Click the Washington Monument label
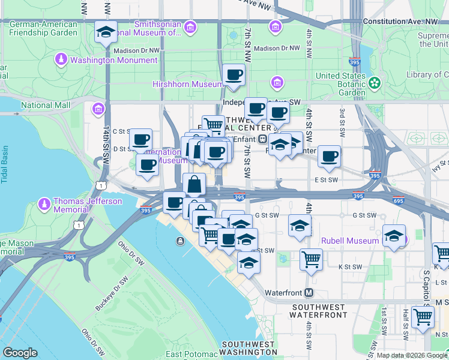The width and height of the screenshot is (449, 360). click(x=113, y=60)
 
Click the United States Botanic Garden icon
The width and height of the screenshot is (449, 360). click(x=376, y=82)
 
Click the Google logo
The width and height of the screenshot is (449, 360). click(x=20, y=353)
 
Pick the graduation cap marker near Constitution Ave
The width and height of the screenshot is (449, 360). click(x=106, y=33)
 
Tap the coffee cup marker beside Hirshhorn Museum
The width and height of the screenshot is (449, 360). click(x=234, y=75)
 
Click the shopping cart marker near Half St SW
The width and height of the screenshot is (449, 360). click(x=423, y=317)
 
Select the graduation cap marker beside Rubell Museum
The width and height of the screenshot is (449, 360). click(x=394, y=236)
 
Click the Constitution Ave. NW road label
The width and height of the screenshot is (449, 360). click(x=408, y=22)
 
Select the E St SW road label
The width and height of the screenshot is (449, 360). click(x=326, y=179)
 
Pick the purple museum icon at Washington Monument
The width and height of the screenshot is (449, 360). click(x=61, y=59)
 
